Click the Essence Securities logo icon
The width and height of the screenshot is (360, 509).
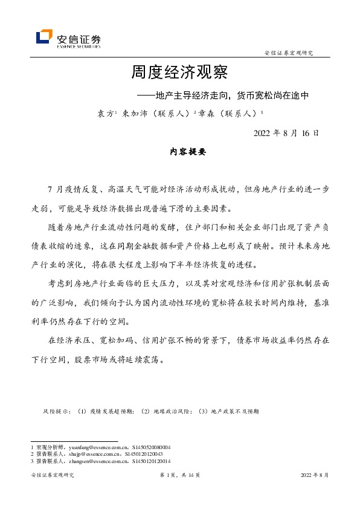44,37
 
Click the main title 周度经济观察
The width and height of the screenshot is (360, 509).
179,73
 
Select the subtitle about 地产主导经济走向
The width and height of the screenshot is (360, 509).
223,95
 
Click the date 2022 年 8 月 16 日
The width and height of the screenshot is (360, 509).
286,133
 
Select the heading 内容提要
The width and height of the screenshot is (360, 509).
179,153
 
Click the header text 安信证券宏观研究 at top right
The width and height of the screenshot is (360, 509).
289,53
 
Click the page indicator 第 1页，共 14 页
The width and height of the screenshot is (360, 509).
179,475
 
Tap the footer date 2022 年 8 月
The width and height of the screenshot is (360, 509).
315,475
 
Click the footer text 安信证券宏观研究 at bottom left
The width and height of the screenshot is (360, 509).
51,475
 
